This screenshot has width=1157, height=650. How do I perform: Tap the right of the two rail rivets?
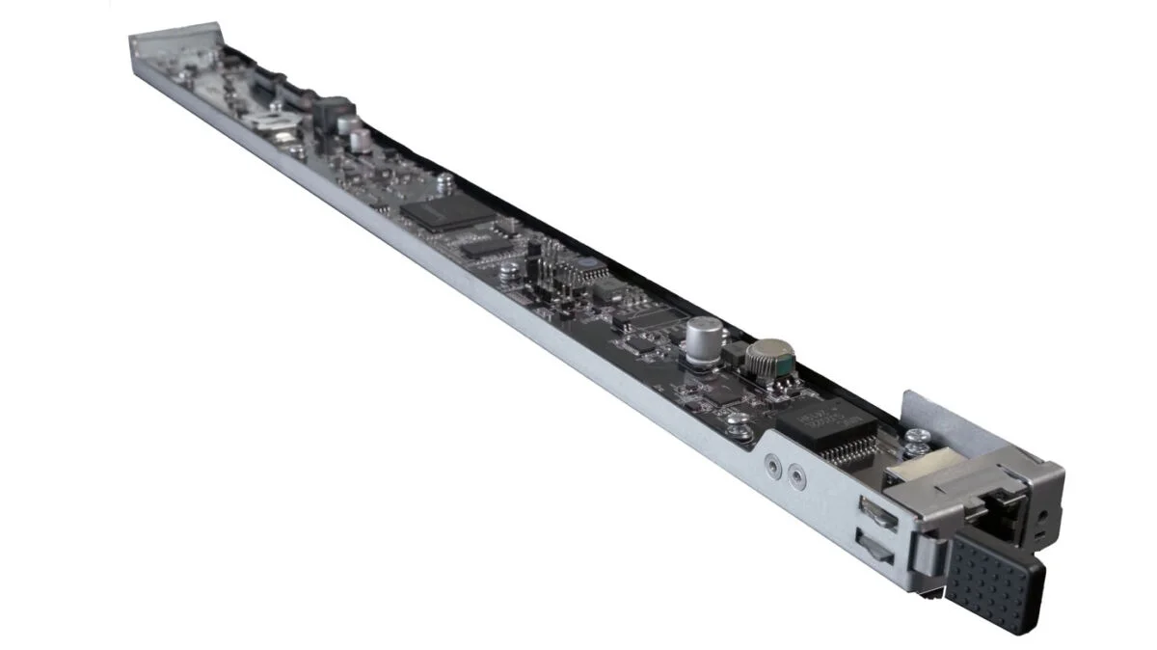(x=795, y=474)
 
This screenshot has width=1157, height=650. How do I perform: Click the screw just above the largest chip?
(x=445, y=179)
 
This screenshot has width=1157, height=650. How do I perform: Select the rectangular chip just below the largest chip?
(x=481, y=246)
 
